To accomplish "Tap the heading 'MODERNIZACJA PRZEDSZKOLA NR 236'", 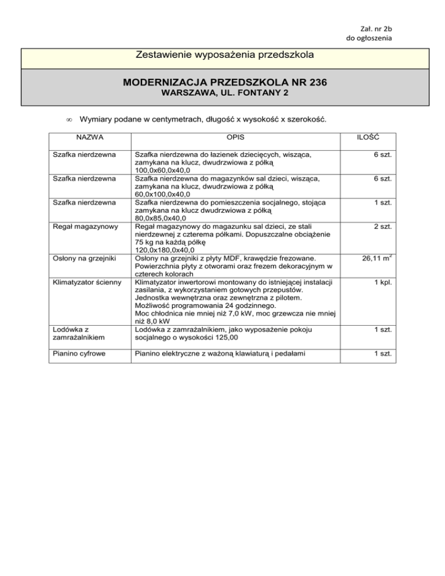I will (x=222, y=83).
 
